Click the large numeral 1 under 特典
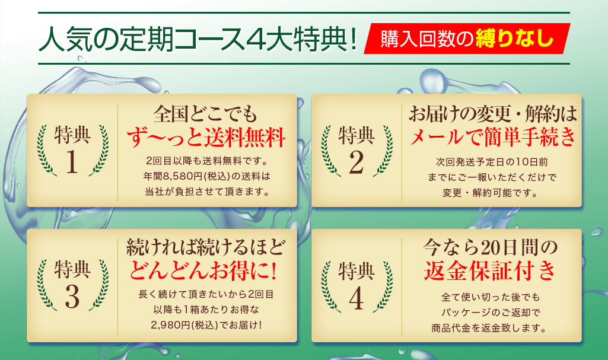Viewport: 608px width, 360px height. point(72,161)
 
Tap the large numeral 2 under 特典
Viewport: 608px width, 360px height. point(356,162)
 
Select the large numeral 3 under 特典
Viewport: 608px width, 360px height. point(72,297)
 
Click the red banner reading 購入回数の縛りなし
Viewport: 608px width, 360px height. point(467,39)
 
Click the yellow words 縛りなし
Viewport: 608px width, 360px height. point(514,39)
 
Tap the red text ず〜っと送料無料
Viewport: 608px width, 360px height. point(206,138)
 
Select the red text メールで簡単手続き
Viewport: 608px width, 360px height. point(492,137)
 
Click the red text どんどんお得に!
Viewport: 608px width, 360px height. point(203,271)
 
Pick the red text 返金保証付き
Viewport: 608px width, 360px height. point(490,270)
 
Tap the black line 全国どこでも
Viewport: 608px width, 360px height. point(205,114)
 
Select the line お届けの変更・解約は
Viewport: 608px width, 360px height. point(492,114)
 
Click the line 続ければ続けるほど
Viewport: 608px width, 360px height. point(205,247)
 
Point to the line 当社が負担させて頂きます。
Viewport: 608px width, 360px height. point(207,192)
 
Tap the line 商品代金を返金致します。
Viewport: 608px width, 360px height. point(489,328)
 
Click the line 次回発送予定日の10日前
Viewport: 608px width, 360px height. point(492,162)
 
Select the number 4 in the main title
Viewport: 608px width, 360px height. point(254,39)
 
